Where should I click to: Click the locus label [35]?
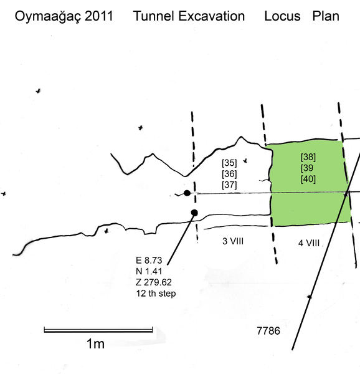(x=229, y=163)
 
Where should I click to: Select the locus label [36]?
(x=229, y=174)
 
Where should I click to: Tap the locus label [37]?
(x=229, y=185)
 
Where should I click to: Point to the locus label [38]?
(x=308, y=157)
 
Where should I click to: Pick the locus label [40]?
(x=308, y=179)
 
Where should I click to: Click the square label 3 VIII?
(x=233, y=241)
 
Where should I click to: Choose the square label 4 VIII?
(x=309, y=243)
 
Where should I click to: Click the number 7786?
(x=268, y=331)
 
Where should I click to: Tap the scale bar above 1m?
(x=98, y=330)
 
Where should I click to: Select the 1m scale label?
(x=95, y=343)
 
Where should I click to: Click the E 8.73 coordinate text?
(x=149, y=260)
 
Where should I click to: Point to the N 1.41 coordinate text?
(x=149, y=271)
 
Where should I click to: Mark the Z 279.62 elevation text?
(x=154, y=282)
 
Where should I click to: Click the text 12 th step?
(x=156, y=293)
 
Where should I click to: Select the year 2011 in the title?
(x=99, y=16)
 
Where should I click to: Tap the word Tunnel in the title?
(x=154, y=16)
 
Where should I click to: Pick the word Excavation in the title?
(x=212, y=16)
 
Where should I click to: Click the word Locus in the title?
(x=282, y=16)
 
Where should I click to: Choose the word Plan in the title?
(x=326, y=16)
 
